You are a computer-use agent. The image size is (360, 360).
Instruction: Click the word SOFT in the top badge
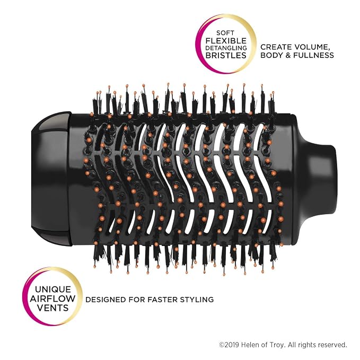point(225,33)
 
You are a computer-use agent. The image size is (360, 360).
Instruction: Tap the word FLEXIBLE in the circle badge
point(226,41)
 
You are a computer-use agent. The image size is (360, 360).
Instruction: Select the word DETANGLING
point(226,48)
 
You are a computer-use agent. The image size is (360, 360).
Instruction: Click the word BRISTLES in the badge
point(226,55)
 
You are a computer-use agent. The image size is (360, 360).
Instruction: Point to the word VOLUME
point(312,47)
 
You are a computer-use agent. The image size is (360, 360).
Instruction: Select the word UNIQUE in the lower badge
point(53,289)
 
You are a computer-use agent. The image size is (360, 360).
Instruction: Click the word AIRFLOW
point(52,298)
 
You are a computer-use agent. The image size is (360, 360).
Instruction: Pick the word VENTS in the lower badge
point(53,308)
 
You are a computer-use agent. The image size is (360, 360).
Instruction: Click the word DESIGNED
point(106,300)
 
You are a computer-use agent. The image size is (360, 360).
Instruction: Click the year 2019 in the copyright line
point(232,345)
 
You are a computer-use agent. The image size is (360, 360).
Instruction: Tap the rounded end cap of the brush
point(51,179)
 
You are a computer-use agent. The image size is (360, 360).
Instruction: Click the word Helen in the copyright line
point(249,345)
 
